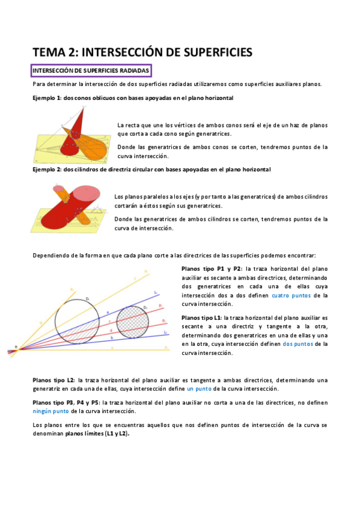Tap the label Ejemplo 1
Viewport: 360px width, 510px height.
tap(46, 97)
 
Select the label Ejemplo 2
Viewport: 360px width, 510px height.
tap(46, 170)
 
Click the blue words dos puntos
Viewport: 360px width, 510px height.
tap(296, 344)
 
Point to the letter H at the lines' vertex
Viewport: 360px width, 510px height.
tap(16, 346)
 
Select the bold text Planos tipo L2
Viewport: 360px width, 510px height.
tap(53, 380)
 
